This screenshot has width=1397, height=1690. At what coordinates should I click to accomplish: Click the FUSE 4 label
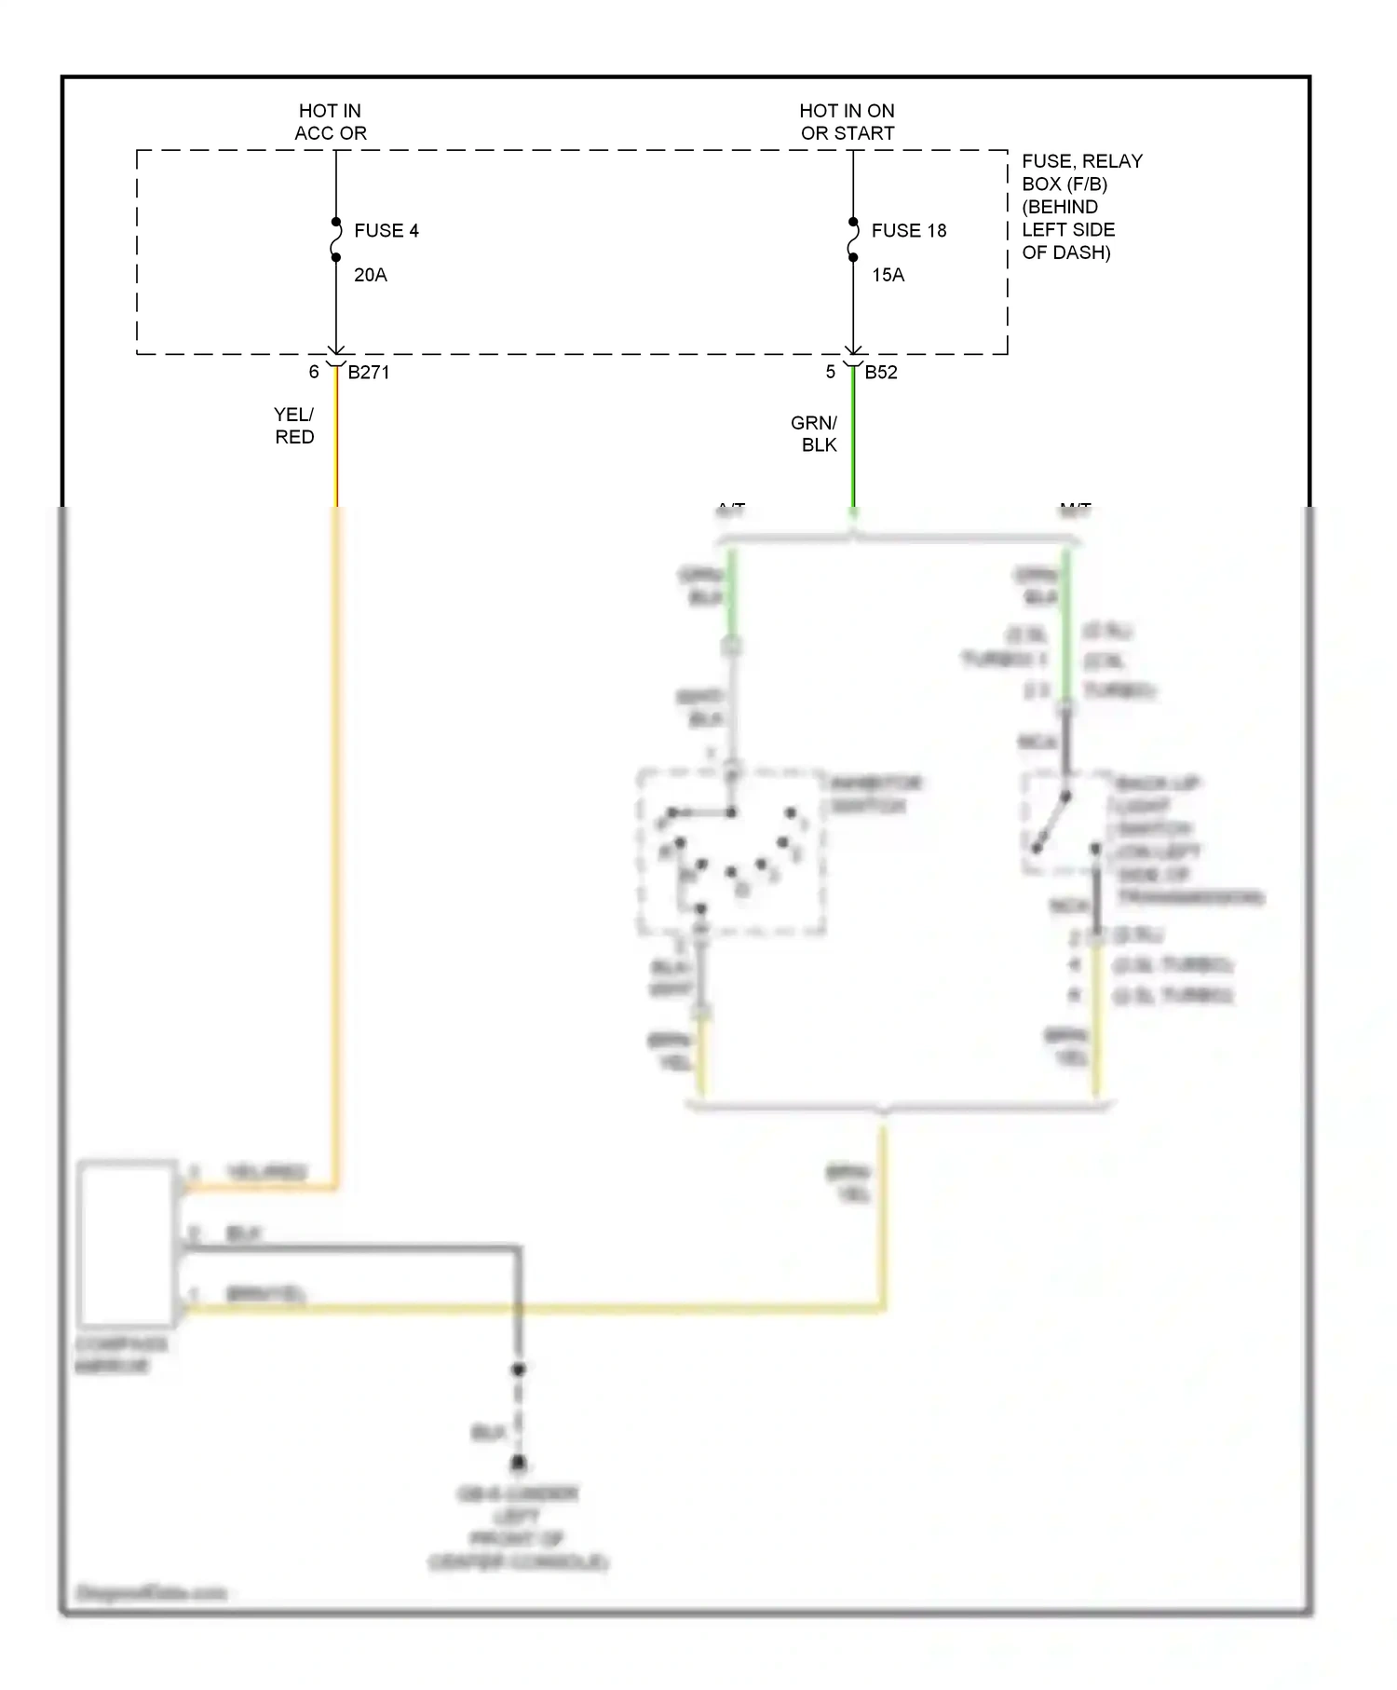(x=386, y=231)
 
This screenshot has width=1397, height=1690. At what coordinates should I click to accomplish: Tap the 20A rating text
(x=370, y=275)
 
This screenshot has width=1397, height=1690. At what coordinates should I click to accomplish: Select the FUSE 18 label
(x=908, y=231)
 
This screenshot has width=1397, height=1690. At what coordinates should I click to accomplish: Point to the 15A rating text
(x=888, y=275)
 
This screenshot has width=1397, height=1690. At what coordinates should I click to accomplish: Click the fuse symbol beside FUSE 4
(x=336, y=240)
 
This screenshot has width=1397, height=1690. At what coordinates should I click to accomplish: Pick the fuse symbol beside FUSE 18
(x=853, y=240)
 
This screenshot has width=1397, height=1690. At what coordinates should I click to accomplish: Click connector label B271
(x=369, y=373)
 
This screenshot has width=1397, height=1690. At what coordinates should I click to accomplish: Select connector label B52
(x=881, y=373)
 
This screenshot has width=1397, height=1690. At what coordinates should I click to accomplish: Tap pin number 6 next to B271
(x=314, y=373)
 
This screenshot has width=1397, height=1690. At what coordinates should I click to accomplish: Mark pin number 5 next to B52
(x=830, y=373)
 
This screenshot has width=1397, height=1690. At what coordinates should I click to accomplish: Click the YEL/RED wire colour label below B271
(x=294, y=426)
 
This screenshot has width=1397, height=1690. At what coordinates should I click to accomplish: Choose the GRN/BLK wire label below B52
(x=815, y=434)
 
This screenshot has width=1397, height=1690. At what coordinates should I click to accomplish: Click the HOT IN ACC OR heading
(x=331, y=122)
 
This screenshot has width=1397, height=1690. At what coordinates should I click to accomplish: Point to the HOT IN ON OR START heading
(x=848, y=122)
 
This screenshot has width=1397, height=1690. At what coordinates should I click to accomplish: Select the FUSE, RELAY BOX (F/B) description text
(x=1080, y=207)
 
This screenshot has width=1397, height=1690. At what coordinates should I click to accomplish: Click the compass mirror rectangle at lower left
(x=128, y=1244)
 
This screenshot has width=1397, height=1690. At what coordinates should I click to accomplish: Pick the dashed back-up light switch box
(x=1067, y=824)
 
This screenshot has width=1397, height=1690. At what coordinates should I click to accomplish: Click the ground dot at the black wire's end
(x=519, y=1465)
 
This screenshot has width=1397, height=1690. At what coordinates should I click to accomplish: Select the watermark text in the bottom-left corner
(x=152, y=1594)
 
